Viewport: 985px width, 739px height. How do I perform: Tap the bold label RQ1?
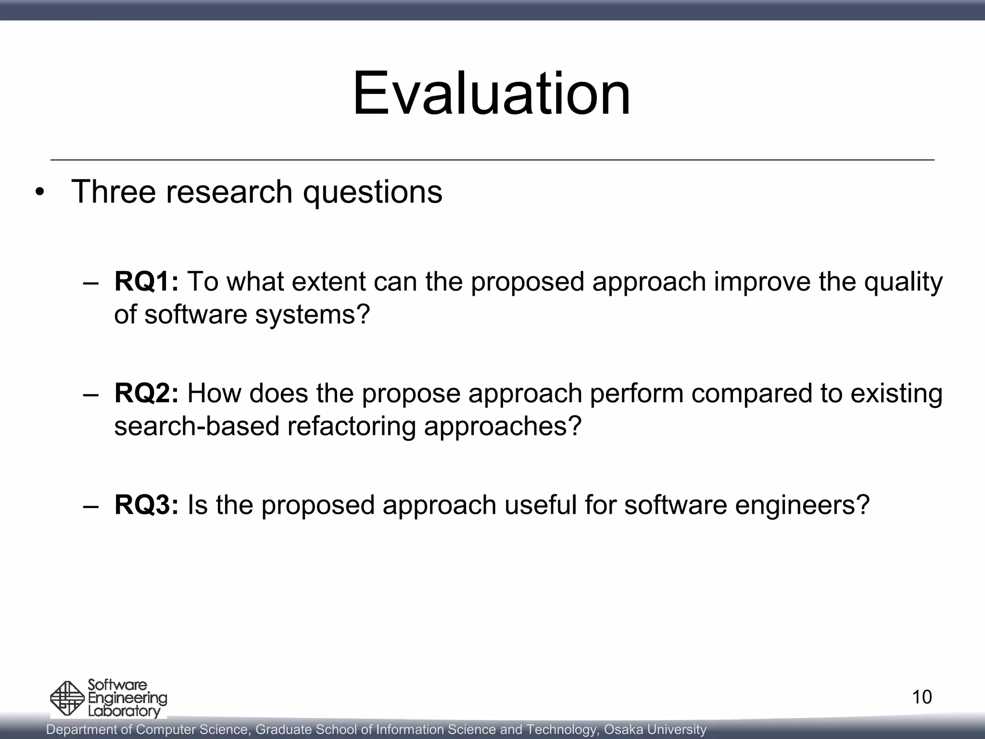pos(146,281)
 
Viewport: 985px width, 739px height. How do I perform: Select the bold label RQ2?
pos(146,393)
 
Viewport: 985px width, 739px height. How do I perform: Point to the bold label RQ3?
pos(146,505)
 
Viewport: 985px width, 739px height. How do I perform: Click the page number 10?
pos(922,697)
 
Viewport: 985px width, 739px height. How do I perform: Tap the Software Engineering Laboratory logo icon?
pos(67,699)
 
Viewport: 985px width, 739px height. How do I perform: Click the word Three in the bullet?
pos(114,191)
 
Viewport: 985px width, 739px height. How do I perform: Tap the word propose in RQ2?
pos(411,394)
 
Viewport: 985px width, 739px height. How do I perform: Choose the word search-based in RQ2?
pos(197,426)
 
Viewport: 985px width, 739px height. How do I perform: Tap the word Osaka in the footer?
pos(623,729)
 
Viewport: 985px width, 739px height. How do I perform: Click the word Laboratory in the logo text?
pos(124,711)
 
